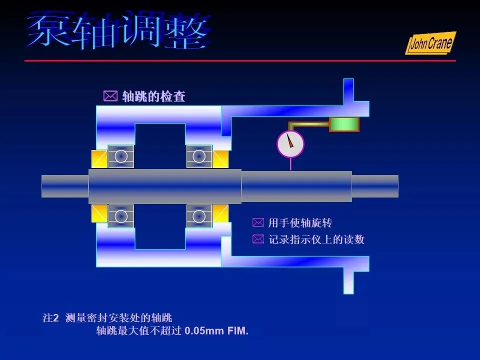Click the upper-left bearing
click(x=121, y=156)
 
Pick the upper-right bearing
click(x=199, y=156)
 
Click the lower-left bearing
click(x=121, y=216)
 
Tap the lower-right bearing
click(x=199, y=216)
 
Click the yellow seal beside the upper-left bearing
click(x=99, y=159)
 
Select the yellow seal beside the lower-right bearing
click(x=220, y=213)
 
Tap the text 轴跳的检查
click(x=153, y=96)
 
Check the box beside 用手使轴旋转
click(x=257, y=222)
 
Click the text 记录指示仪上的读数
click(x=316, y=239)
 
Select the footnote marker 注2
click(x=51, y=318)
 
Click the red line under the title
click(x=240, y=60)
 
